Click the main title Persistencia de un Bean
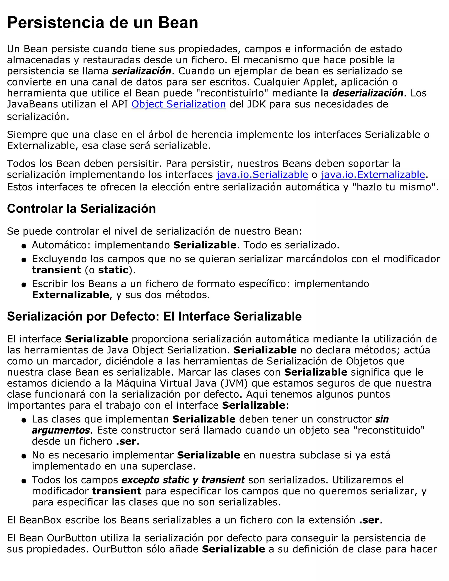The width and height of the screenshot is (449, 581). (x=102, y=23)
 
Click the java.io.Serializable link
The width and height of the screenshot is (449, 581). (x=262, y=175)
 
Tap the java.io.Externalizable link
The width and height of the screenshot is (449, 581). (x=373, y=175)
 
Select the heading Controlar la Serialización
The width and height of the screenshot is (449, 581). (x=81, y=209)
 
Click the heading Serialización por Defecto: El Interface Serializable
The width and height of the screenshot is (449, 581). (x=154, y=316)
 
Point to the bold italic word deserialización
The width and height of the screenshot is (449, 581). (x=368, y=93)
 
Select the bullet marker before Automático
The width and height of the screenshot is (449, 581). (x=24, y=246)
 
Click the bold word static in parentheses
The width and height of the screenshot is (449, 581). (x=113, y=270)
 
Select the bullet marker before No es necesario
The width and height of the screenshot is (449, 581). (x=24, y=456)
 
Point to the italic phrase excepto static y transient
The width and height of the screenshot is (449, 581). (x=183, y=480)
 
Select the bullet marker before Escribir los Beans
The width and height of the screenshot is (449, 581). (x=24, y=285)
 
